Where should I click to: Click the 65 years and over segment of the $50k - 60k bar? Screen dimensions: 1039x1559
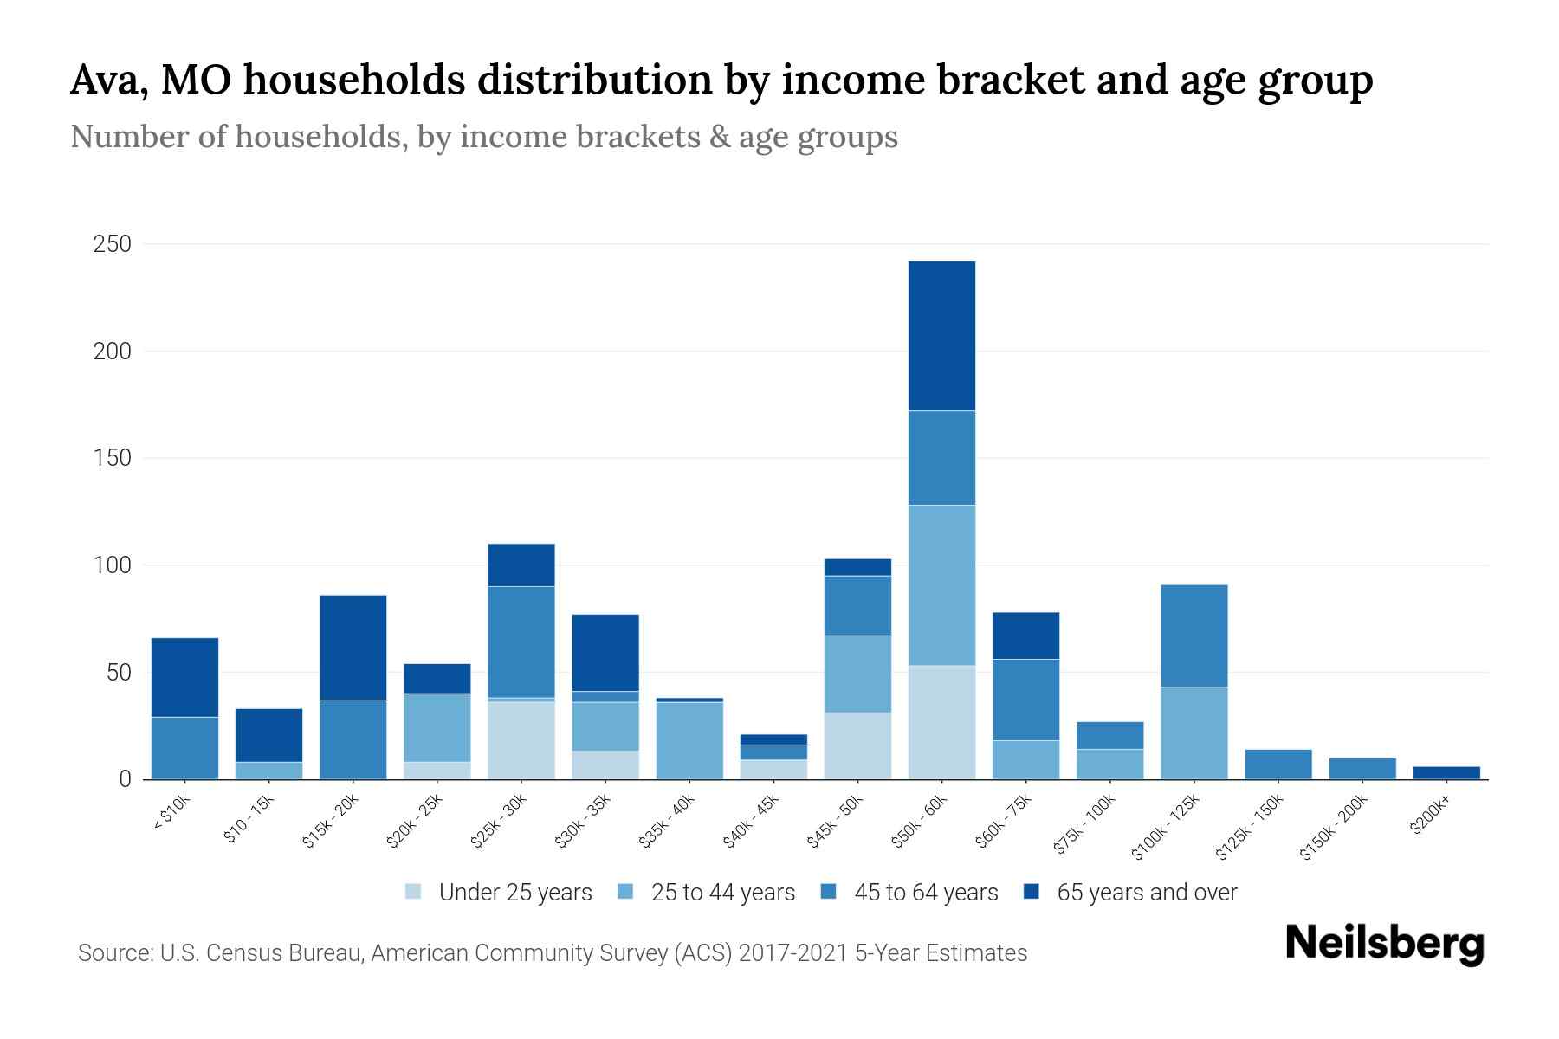(x=941, y=336)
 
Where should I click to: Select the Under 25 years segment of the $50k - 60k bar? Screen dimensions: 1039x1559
(x=941, y=722)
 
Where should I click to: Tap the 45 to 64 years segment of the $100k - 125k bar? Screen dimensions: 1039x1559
(x=1194, y=636)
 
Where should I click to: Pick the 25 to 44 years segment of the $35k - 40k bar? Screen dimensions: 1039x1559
(x=689, y=740)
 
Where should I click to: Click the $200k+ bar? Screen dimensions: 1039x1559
(x=1446, y=772)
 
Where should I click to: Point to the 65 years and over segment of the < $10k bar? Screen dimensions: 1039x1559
(x=184, y=677)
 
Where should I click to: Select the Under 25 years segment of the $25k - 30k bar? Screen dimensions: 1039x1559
(x=521, y=739)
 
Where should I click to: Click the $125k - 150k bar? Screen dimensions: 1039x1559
(x=1278, y=764)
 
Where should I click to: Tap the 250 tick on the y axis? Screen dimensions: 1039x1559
(x=113, y=244)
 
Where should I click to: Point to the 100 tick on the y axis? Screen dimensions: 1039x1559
(x=113, y=565)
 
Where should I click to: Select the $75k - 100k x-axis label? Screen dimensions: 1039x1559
(x=1084, y=826)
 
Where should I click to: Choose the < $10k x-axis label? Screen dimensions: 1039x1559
(x=171, y=812)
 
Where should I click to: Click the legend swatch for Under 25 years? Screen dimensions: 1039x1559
(x=414, y=892)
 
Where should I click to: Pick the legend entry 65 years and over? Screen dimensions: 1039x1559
(x=1146, y=893)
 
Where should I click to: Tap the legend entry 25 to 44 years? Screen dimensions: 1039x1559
(x=722, y=893)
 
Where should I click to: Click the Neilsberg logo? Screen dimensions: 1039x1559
(x=1384, y=944)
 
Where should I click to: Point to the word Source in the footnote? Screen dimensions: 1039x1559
(x=113, y=953)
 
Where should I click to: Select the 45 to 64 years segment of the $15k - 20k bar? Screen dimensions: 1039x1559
(x=353, y=739)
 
